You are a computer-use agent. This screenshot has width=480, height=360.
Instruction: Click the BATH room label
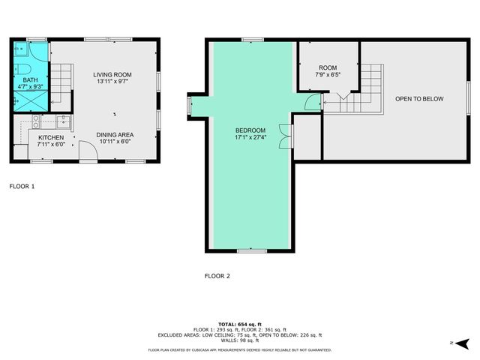[30, 79]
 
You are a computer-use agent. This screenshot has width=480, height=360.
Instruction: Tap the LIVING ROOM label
[112, 74]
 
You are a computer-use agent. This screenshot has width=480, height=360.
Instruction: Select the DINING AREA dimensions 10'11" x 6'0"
[115, 143]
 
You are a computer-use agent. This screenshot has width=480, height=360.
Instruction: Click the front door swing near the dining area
[88, 152]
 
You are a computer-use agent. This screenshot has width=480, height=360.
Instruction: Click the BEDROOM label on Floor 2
[250, 130]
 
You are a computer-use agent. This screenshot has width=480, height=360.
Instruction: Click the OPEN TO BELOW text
[419, 99]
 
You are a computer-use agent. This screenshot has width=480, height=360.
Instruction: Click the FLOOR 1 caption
[22, 185]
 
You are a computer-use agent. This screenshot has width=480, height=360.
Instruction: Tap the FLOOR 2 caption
[217, 276]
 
